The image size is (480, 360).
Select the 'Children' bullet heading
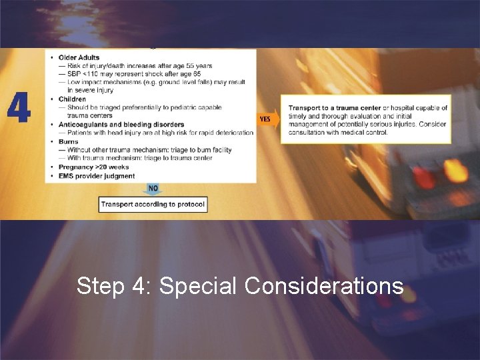(x=73, y=99)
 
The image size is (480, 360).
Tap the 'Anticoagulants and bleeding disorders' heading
(x=121, y=125)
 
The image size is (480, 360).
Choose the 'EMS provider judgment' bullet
(x=97, y=176)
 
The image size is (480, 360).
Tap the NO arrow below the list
(x=153, y=189)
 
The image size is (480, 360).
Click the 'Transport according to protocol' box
(x=153, y=204)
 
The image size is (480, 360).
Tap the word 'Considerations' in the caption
(x=324, y=286)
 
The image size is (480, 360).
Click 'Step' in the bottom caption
(x=101, y=286)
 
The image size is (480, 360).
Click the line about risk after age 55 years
(x=139, y=66)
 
